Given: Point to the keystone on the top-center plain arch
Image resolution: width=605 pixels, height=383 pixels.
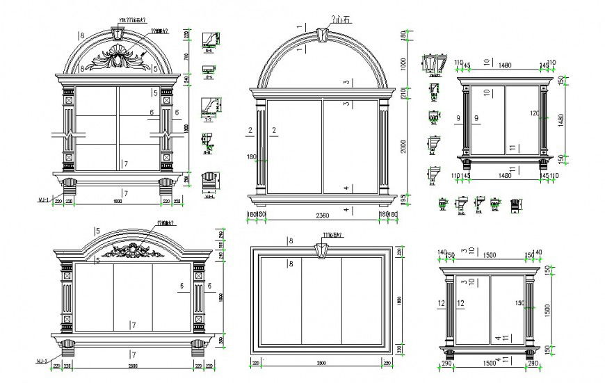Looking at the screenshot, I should pyautogui.click(x=321, y=35).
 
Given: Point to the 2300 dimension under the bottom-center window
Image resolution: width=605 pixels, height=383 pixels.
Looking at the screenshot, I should pyautogui.click(x=322, y=364).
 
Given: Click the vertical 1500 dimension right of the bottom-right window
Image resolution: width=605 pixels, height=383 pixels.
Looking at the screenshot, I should pyautogui.click(x=548, y=308).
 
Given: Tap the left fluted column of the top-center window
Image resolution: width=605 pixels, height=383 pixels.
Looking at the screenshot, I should pyautogui.click(x=261, y=146).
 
